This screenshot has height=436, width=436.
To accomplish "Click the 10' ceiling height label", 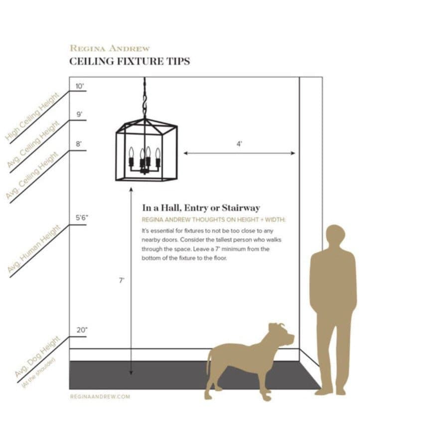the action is click(x=80, y=86).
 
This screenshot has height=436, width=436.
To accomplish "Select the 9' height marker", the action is click(x=80, y=114).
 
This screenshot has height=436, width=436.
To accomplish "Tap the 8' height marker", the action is click(x=79, y=144).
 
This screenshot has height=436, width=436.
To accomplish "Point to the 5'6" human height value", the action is click(x=82, y=217).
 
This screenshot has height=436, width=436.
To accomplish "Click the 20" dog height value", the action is click(x=82, y=330).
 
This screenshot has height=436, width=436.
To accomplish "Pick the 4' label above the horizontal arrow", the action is click(x=239, y=144).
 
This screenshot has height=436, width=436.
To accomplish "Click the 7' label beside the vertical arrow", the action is click(x=122, y=281).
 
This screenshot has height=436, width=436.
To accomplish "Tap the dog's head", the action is click(x=281, y=335).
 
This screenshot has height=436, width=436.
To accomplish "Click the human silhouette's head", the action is click(x=335, y=236).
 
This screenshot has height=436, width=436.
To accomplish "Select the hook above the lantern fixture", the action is click(x=145, y=102).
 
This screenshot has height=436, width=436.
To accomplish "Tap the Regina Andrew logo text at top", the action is click(x=110, y=48).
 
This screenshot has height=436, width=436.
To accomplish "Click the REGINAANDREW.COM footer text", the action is click(x=100, y=397).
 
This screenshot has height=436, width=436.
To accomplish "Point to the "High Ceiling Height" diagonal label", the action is click(x=32, y=117).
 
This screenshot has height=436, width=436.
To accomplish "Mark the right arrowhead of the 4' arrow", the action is click(x=293, y=153).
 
